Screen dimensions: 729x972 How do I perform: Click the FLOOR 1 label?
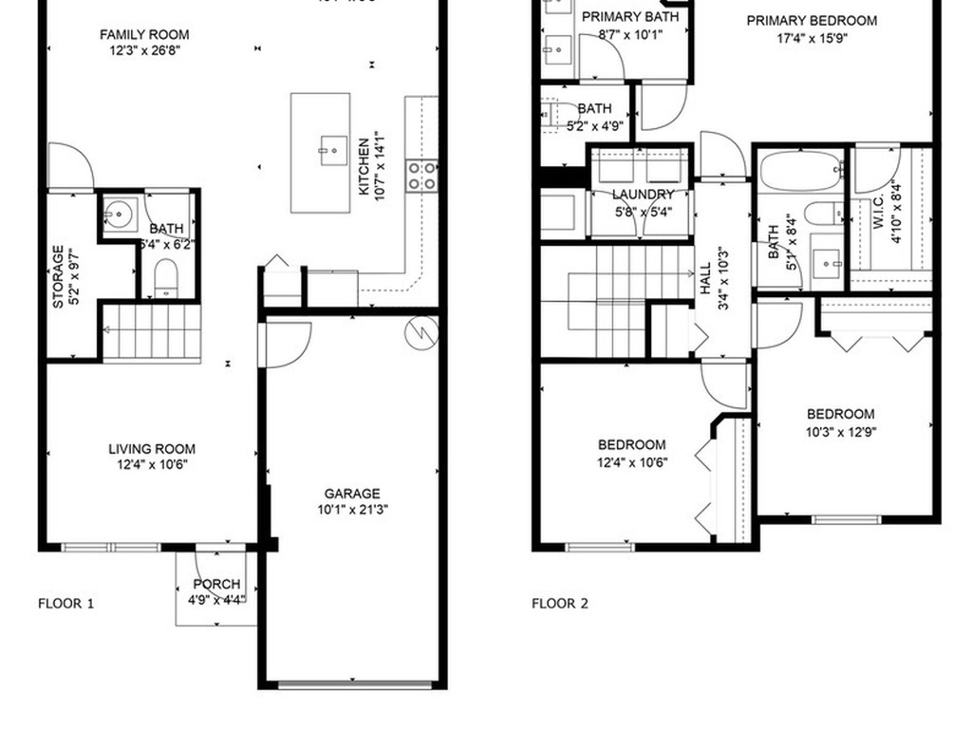pos(65,603)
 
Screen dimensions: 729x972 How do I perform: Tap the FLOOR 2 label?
pos(559,603)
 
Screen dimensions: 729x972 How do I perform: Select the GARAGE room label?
pos(352,494)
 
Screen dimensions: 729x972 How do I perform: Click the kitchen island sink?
pos(332,149)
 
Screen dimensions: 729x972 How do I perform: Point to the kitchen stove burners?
pos(422,175)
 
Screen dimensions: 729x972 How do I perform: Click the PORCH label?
pos(216,584)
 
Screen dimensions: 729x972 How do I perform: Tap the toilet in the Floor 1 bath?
pos(166,277)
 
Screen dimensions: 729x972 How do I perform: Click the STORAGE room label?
pos(59,276)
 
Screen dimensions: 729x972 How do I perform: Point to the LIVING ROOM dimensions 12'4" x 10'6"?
pos(152,465)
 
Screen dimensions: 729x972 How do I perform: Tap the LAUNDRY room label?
pos(642,195)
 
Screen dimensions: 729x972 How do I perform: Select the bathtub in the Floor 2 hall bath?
pos(800,173)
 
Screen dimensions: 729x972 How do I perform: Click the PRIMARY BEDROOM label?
pos(824,21)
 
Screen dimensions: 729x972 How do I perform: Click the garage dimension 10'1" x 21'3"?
pos(352,510)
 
